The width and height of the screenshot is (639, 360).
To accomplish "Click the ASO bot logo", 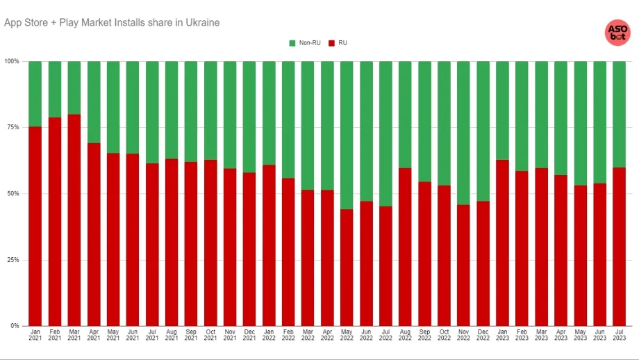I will (617, 32).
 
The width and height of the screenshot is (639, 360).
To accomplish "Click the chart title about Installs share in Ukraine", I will (112, 22).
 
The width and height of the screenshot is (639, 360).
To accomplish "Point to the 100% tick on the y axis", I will (13, 61).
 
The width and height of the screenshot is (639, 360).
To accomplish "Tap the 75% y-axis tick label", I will (14, 127).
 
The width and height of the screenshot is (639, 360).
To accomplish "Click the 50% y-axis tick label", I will (14, 193).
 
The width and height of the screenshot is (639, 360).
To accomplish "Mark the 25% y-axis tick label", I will (14, 260).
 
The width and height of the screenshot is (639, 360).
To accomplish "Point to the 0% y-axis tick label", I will (15, 326).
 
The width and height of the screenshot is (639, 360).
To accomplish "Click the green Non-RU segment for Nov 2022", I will (463, 133).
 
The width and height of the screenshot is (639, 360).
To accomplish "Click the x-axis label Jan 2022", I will (269, 335).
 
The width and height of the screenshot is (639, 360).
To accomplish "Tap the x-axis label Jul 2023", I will (619, 335).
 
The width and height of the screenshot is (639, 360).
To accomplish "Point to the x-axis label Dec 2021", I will (249, 335).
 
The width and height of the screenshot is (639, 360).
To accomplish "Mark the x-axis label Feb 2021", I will (55, 335).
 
